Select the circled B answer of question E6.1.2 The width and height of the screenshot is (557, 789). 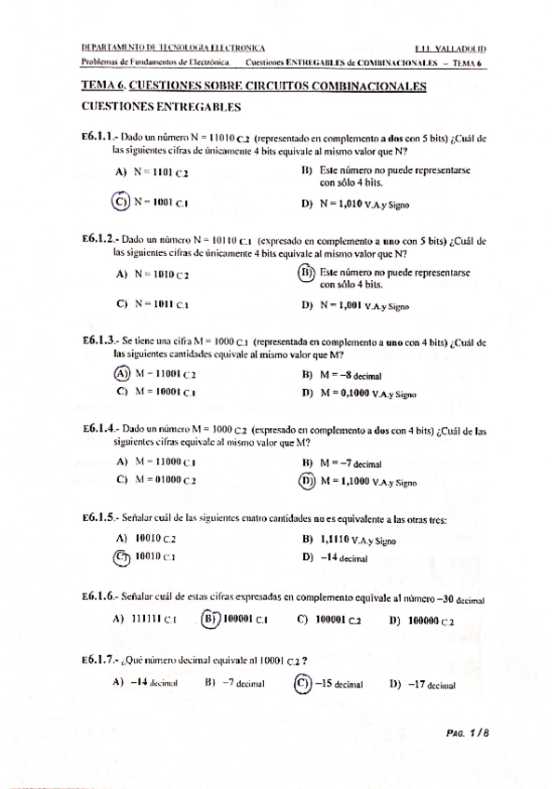306,274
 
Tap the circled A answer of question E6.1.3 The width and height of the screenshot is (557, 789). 121,374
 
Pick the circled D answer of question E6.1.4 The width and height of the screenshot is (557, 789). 307,481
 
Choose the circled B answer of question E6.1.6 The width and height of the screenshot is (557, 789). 212,618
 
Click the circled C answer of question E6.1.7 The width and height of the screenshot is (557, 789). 302,683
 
